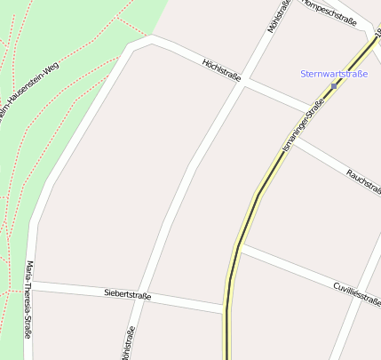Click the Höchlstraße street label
pyautogui.click(x=222, y=70)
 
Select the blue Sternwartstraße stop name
pyautogui.click(x=335, y=73)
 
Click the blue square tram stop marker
pyautogui.click(x=334, y=85)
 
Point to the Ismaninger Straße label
pyautogui.click(x=303, y=127)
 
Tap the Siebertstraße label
pyautogui.click(x=127, y=294)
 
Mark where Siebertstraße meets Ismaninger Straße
pyautogui.click(x=226, y=309)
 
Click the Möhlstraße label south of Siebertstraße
pyautogui.click(x=128, y=342)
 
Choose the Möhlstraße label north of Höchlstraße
pyautogui.click(x=274, y=16)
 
